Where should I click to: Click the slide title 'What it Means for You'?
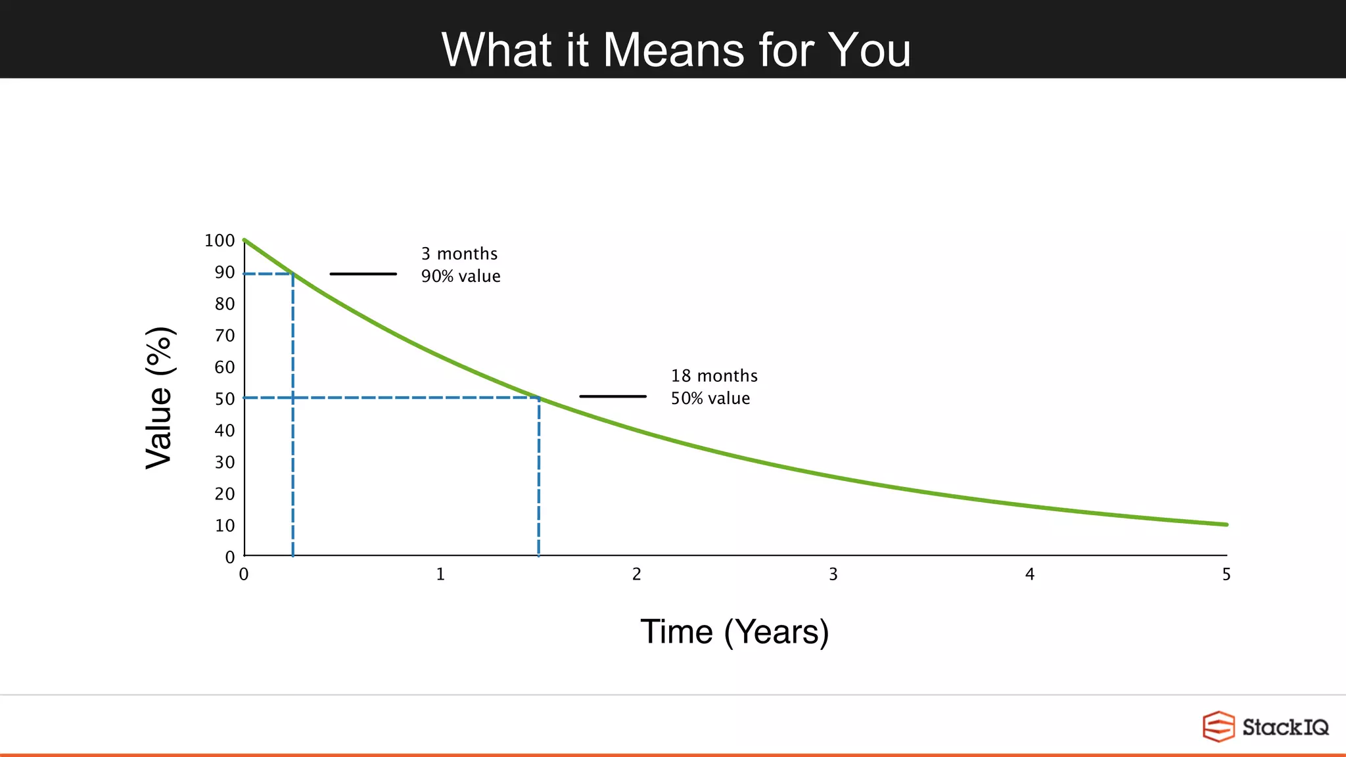(x=676, y=50)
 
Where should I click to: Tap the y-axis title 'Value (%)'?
(x=160, y=398)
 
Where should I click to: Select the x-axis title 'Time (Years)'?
(x=734, y=631)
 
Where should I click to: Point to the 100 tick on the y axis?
(x=220, y=241)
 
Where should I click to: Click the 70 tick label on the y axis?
(x=224, y=336)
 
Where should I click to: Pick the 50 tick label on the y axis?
(x=224, y=399)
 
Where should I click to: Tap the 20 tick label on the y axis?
(x=224, y=493)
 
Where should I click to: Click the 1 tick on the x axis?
(x=440, y=574)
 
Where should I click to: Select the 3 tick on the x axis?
(x=833, y=574)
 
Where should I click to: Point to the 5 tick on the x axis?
(x=1226, y=574)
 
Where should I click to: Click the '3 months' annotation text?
(x=459, y=254)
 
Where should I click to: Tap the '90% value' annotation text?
(x=461, y=276)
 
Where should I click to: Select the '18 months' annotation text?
(x=714, y=376)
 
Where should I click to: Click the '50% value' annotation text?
(x=710, y=398)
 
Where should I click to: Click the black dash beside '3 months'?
(x=363, y=273)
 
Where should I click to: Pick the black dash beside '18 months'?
(x=613, y=396)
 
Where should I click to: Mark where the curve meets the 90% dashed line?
(x=292, y=273)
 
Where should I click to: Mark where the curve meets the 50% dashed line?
(x=539, y=398)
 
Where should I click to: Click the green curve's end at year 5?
(x=1226, y=524)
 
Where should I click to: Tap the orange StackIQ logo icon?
(x=1218, y=726)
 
